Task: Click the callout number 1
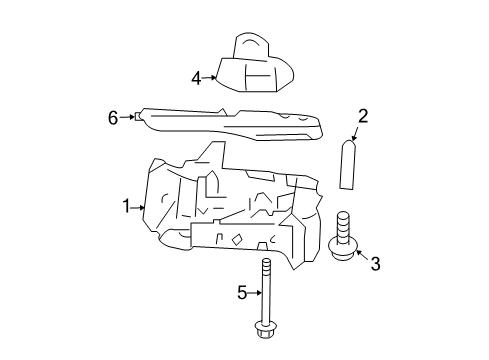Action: (127, 207)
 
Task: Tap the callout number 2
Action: (363, 117)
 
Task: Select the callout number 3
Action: (375, 264)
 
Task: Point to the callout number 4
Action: (197, 77)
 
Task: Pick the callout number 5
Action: (241, 293)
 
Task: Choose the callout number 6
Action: (113, 117)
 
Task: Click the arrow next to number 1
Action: (140, 207)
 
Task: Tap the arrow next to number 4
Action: (211, 77)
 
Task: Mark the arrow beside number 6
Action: (127, 117)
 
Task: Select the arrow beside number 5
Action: (256, 293)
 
